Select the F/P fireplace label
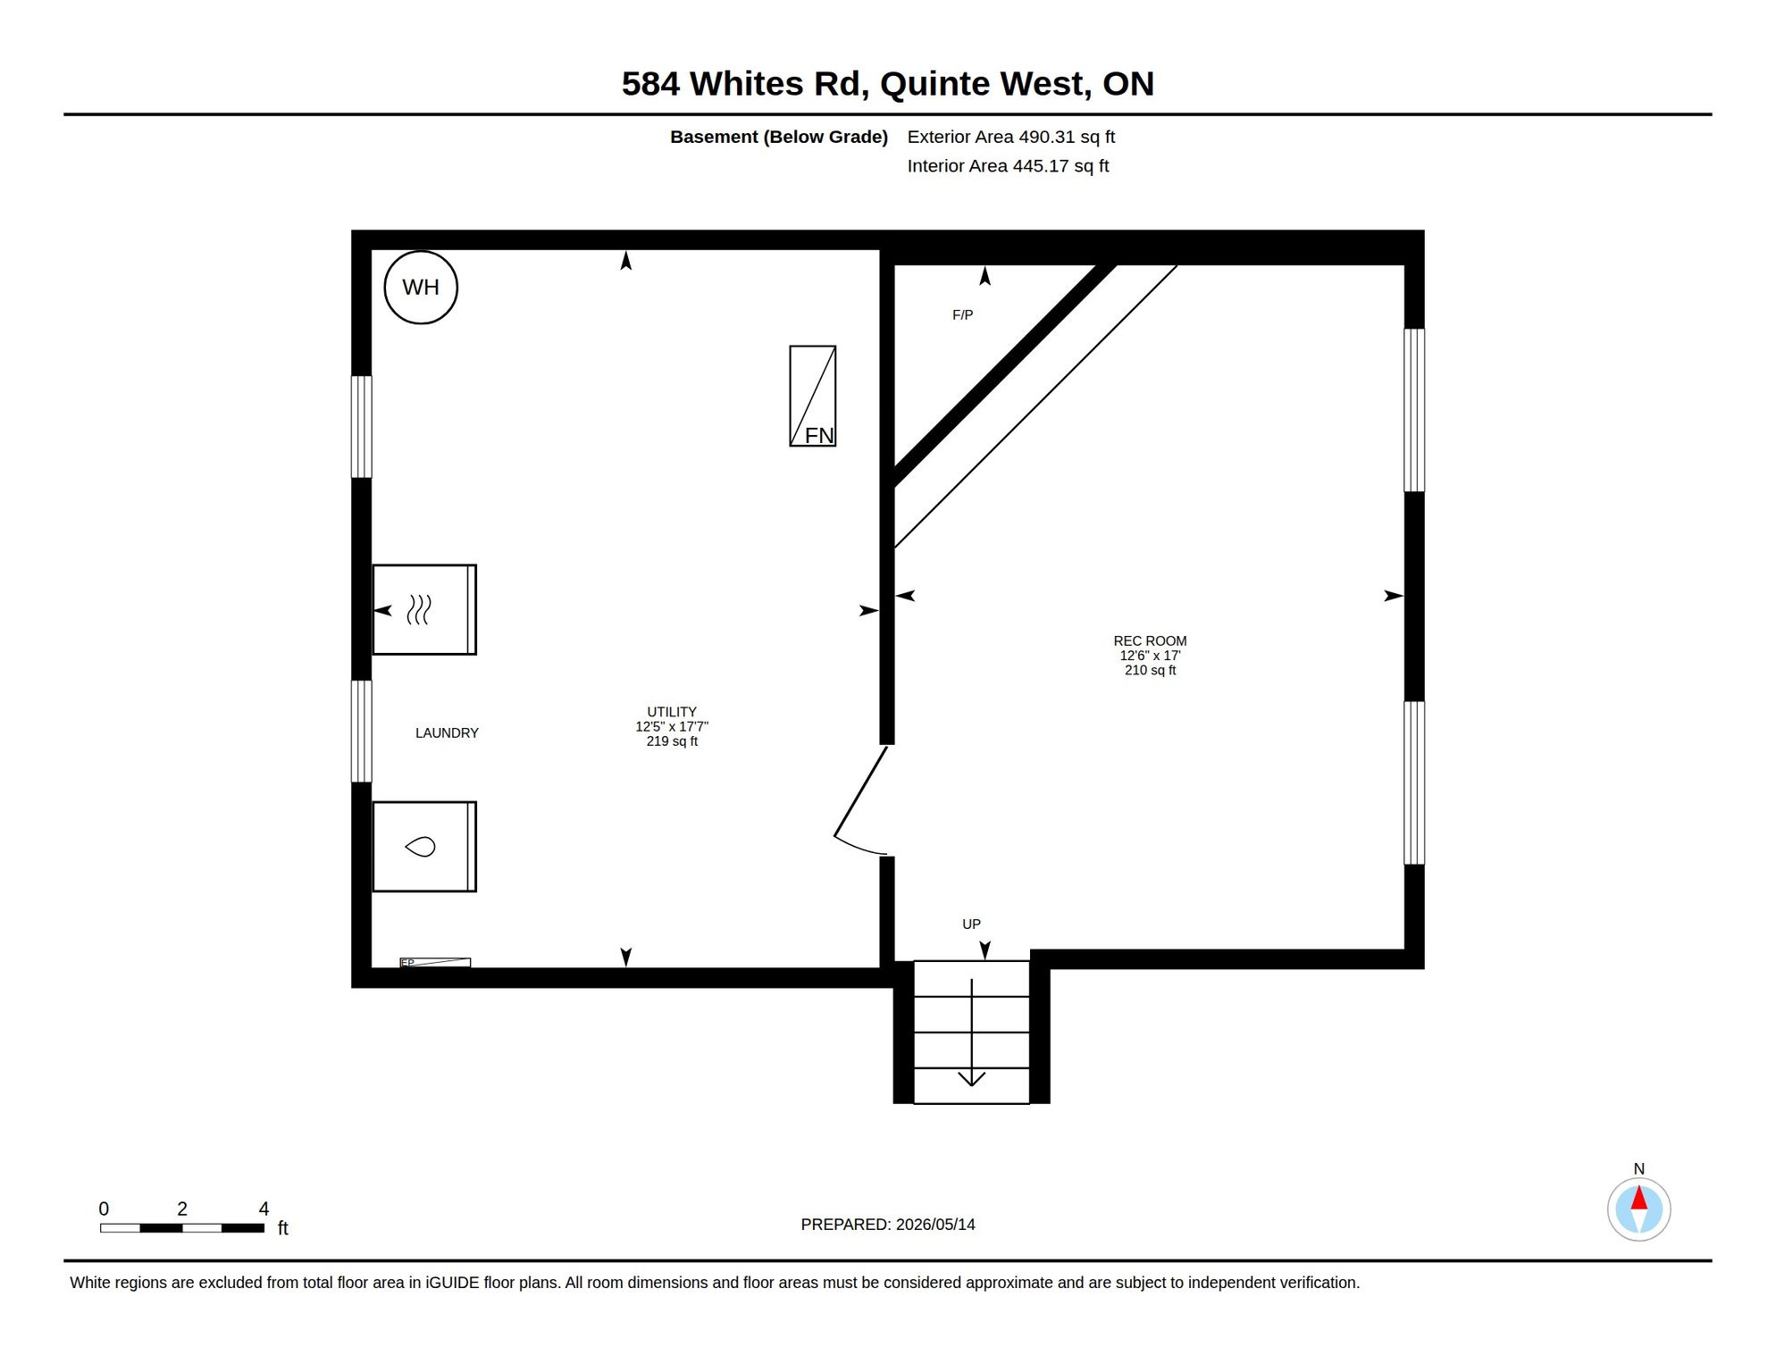coord(962,314)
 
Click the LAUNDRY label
coord(447,732)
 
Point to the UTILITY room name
coord(672,712)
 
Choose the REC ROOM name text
coord(1150,640)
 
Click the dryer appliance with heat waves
coord(424,609)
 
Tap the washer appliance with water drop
coord(424,846)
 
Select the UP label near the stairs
coord(971,924)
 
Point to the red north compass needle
coord(1638,1197)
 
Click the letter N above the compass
coord(1638,1168)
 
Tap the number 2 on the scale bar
coord(182,1209)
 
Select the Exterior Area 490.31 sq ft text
coord(1010,137)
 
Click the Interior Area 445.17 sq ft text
coord(1008,166)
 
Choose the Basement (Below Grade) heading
coord(779,137)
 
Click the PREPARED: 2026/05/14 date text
coord(888,1224)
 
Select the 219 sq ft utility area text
coord(672,741)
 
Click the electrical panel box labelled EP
coord(435,962)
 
